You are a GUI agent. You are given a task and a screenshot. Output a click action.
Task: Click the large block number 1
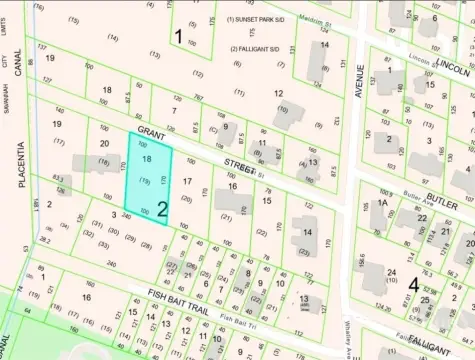pos(178,37)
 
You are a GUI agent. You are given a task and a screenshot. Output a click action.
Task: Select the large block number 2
pos(161,209)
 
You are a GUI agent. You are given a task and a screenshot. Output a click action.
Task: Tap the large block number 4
pos(413,284)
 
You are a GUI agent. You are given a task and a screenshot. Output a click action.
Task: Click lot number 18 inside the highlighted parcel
pos(147,159)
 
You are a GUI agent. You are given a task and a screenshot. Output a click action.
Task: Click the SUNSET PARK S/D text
pos(258,19)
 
